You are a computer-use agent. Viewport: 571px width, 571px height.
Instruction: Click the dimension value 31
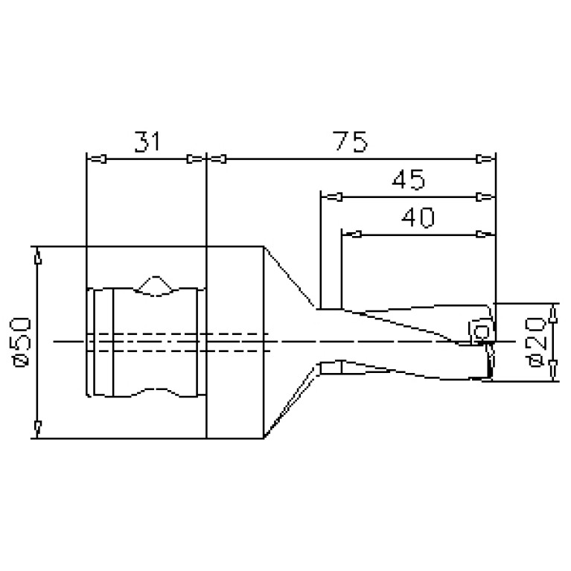(x=147, y=141)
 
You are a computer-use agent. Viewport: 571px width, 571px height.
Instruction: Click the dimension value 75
(x=351, y=141)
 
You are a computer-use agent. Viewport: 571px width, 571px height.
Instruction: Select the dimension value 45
(x=408, y=179)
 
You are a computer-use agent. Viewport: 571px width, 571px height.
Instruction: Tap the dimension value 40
(x=418, y=217)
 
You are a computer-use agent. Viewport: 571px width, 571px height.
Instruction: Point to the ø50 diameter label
(x=22, y=342)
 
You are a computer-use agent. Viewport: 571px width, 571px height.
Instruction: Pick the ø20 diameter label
(x=536, y=342)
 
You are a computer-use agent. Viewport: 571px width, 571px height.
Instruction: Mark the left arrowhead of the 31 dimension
(x=97, y=159)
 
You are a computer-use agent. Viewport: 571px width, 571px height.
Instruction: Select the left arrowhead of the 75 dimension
(x=217, y=159)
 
